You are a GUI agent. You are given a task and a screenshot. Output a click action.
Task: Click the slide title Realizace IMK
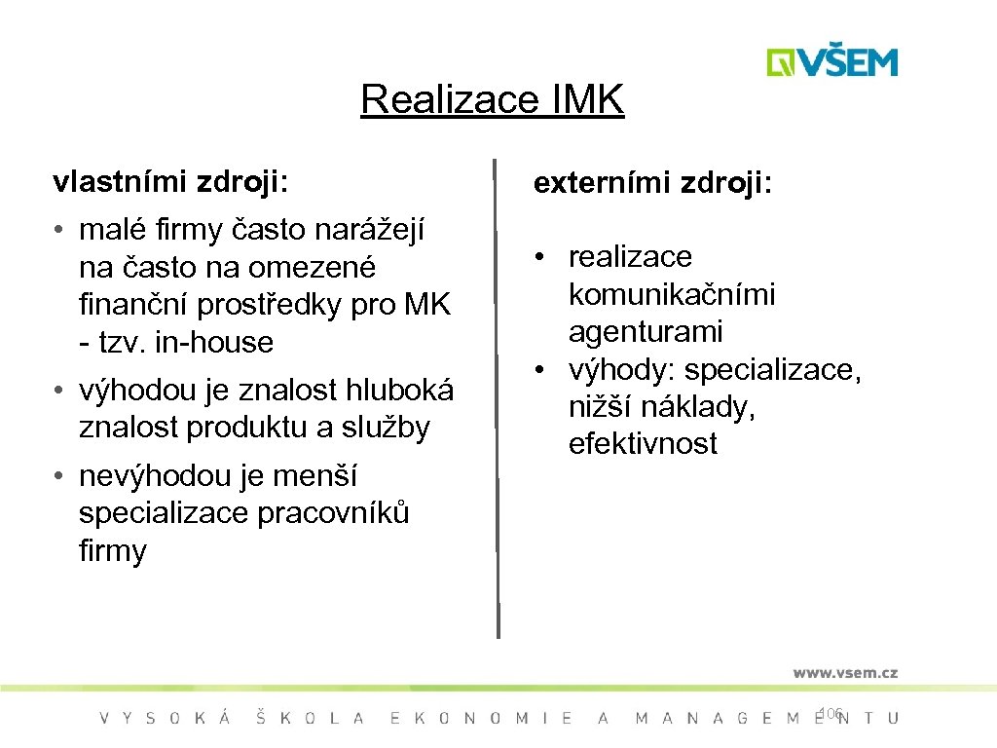pos(492,99)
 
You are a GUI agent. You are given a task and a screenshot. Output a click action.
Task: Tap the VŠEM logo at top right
pos(831,61)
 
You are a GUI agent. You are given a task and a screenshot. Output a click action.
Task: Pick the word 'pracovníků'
pos(333,513)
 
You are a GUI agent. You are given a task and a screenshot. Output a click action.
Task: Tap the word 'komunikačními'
pos(672,294)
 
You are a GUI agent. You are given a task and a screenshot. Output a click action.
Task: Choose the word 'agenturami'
pos(646,332)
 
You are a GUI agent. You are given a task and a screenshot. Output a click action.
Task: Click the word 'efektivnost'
pos(643,445)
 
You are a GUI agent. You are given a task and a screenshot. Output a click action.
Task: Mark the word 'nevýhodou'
pos(153,476)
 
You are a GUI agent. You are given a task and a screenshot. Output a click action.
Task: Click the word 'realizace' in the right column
pos(630,257)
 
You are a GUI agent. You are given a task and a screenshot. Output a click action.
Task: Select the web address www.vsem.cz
pos(844,672)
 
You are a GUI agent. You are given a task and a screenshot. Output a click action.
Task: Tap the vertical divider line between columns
pos(498,399)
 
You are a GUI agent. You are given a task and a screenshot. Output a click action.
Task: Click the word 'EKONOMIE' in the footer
pos(481,719)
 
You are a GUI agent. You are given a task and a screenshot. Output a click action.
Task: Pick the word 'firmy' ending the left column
pos(112,552)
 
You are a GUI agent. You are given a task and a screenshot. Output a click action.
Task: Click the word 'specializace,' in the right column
pos(773,370)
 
